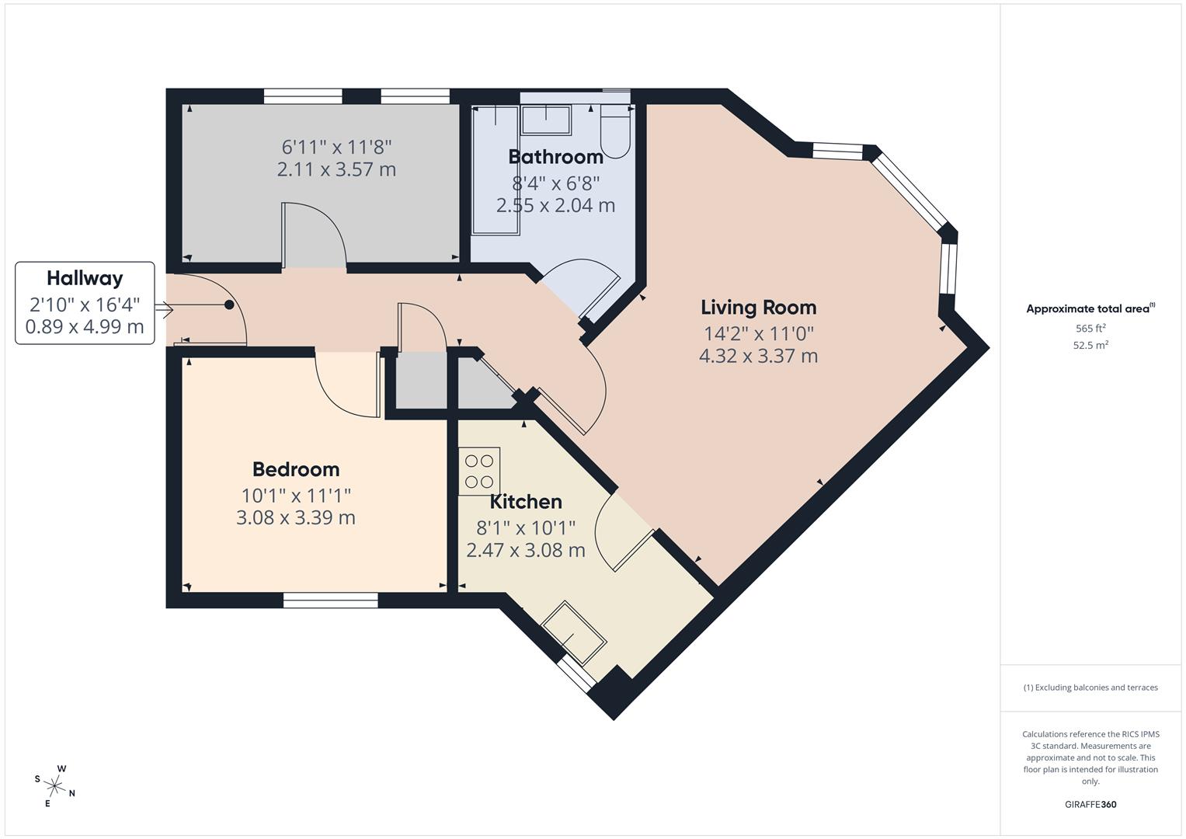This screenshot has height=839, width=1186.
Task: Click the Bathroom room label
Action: coord(555,157)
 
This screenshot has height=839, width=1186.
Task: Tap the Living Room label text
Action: coord(758,308)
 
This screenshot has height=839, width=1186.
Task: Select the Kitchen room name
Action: coord(526,502)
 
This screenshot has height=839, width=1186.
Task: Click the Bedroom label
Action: coord(296,469)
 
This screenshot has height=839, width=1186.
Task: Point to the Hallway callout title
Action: coord(85,278)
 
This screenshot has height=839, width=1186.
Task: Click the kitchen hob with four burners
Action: coord(479,471)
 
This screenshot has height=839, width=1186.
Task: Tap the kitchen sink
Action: coord(574,629)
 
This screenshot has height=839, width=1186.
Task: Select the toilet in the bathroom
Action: coord(617,132)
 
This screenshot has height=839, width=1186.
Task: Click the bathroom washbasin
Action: coord(545,120)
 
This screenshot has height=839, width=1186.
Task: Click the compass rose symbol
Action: coord(54,785)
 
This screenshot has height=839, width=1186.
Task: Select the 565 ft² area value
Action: coord(1090,328)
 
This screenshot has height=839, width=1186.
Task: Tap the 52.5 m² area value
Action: coord(1090,346)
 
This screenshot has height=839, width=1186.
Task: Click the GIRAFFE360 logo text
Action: coord(1090,805)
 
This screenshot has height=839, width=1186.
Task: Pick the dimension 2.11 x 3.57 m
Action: coord(336,169)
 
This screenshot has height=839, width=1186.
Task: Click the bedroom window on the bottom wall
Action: coord(330,600)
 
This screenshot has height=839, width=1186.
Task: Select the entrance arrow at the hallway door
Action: coord(164,310)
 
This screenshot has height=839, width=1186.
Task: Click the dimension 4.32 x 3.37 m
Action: coord(758,357)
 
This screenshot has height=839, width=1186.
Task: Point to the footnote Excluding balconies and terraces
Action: coord(1090,688)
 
